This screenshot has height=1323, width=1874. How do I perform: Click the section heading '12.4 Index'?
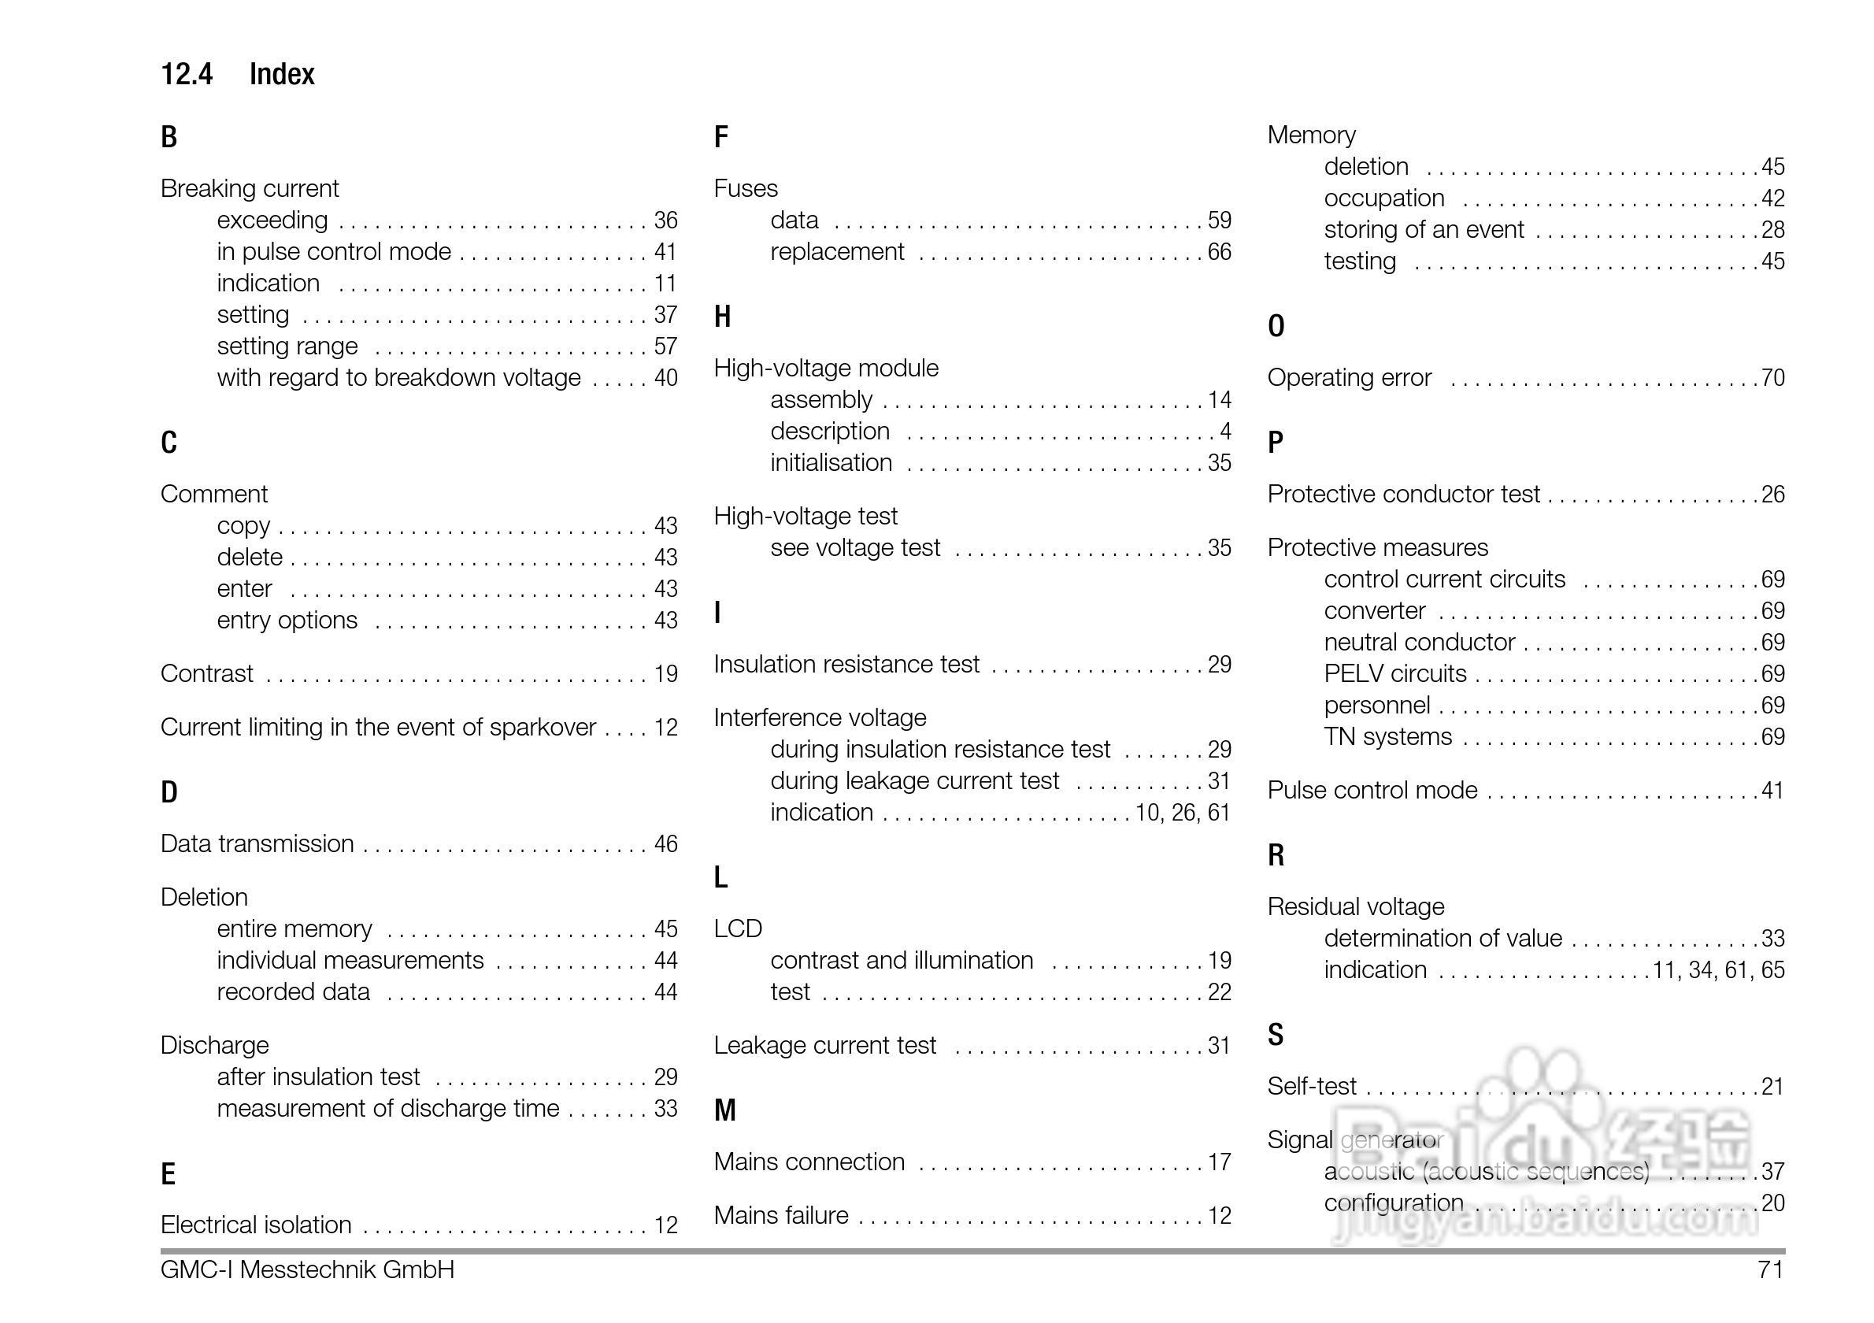[238, 74]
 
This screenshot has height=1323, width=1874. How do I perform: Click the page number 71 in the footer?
[1770, 1270]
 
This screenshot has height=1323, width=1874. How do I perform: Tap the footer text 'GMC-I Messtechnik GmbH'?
[307, 1270]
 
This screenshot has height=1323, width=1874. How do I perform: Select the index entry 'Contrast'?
[206, 674]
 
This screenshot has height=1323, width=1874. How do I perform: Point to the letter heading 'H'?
[721, 317]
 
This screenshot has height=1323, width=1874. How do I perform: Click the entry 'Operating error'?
[1349, 378]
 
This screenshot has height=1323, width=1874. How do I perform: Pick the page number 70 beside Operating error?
[1772, 379]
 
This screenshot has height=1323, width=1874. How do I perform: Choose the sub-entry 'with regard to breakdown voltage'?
[398, 378]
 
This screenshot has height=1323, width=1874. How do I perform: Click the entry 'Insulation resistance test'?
[846, 665]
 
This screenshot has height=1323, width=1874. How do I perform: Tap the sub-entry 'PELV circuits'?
[1395, 674]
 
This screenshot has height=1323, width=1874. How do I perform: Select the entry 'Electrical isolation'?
[255, 1225]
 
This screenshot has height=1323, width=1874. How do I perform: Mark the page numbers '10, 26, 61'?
[1183, 813]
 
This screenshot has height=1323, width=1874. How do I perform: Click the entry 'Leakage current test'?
[824, 1046]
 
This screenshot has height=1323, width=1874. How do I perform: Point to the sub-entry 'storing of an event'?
[1424, 230]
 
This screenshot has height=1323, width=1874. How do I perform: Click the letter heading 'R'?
[1276, 855]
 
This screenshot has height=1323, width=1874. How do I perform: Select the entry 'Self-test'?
[1312, 1087]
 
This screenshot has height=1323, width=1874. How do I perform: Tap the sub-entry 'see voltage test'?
[855, 547]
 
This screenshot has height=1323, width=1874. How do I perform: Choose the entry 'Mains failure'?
[781, 1216]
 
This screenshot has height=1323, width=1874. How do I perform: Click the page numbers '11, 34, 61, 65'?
[1719, 970]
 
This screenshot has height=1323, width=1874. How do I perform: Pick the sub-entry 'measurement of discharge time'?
[387, 1109]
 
